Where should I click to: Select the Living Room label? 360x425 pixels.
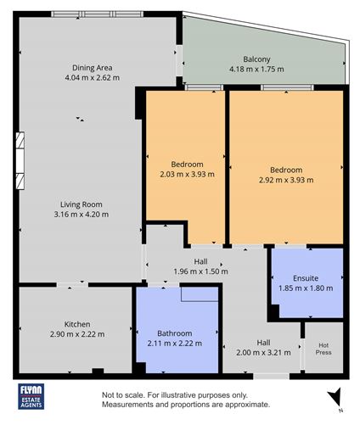(x=82, y=204)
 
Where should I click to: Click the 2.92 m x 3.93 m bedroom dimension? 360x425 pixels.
(x=286, y=180)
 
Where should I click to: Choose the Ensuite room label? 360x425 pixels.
(x=306, y=277)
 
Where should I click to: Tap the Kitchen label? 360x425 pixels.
(x=76, y=324)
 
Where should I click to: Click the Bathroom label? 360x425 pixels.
(x=175, y=333)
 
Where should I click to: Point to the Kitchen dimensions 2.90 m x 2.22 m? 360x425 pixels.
(x=76, y=334)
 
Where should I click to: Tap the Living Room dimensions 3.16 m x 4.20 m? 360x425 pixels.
(x=82, y=215)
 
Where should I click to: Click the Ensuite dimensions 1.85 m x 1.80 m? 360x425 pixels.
(x=306, y=288)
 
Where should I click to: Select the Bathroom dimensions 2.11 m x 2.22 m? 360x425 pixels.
(x=175, y=343)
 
